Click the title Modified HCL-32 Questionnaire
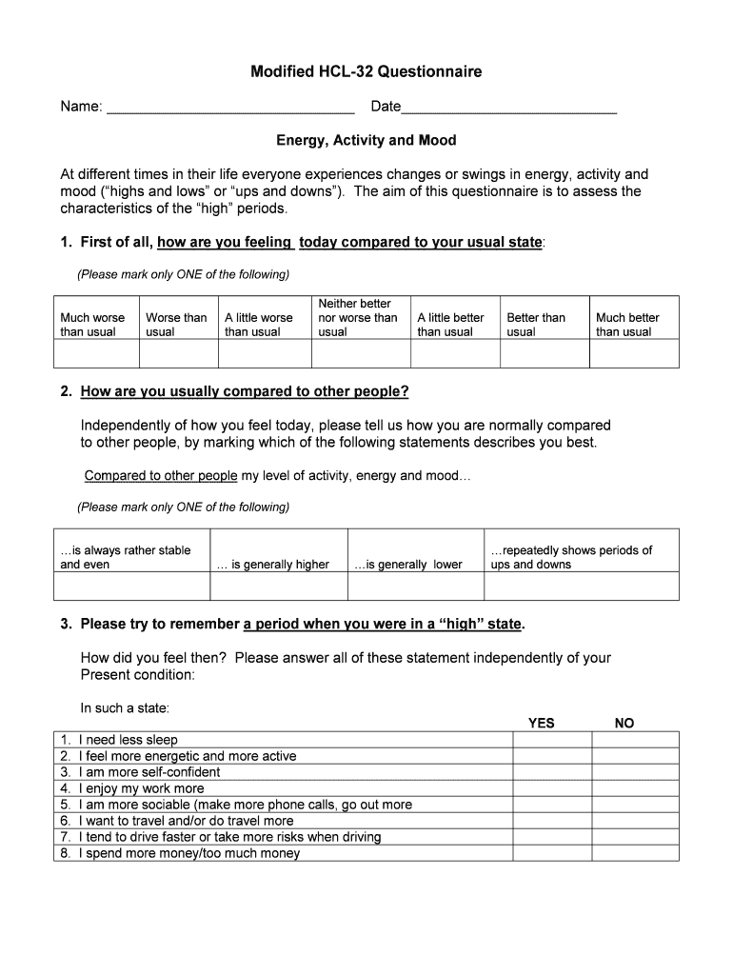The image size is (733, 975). click(366, 71)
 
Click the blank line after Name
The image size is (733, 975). click(230, 108)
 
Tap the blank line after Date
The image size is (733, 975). click(509, 108)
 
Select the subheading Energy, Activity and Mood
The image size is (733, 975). click(366, 140)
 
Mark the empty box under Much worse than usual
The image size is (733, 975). click(96, 353)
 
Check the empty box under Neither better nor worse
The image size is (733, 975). click(361, 353)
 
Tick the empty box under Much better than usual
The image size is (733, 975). click(634, 353)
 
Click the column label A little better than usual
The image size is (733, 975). click(450, 325)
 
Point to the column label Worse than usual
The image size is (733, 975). click(176, 325)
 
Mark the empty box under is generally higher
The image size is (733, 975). click(273, 586)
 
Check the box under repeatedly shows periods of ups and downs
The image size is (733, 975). click(582, 586)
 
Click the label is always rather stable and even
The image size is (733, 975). click(125, 557)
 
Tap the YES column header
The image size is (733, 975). click(541, 723)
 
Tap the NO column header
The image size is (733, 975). click(624, 723)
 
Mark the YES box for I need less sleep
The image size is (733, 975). click(552, 740)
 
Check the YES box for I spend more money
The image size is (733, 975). click(552, 853)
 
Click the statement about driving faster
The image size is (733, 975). click(228, 837)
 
